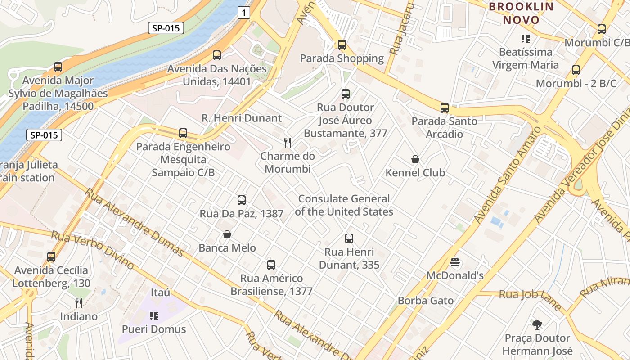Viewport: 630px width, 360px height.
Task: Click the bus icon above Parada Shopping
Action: click(x=342, y=45)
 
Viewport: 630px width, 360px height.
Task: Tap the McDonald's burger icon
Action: click(x=455, y=262)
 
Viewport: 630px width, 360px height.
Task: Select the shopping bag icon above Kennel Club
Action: click(x=415, y=159)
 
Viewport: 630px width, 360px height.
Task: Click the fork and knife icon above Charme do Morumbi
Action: click(x=288, y=143)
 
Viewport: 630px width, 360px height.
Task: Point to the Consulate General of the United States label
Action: click(x=344, y=205)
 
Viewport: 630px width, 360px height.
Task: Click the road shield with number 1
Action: click(x=243, y=13)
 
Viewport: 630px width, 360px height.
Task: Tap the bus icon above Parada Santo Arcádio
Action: click(x=445, y=108)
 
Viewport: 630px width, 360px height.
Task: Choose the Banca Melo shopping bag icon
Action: click(x=227, y=234)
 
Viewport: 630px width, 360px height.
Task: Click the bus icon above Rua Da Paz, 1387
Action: click(x=242, y=200)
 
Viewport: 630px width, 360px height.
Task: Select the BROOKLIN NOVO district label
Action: click(x=521, y=13)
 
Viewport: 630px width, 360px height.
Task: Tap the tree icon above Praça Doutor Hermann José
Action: click(x=537, y=324)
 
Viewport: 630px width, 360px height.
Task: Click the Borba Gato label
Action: click(x=426, y=301)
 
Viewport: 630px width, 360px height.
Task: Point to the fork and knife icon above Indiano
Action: click(x=79, y=303)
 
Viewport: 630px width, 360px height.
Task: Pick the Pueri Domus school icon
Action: click(x=154, y=316)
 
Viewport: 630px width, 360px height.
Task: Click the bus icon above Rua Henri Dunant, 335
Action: click(x=349, y=238)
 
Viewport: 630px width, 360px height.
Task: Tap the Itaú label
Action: click(x=161, y=292)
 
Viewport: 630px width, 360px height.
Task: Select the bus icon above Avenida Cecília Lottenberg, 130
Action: click(x=51, y=257)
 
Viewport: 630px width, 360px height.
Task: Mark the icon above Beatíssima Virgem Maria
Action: click(x=525, y=39)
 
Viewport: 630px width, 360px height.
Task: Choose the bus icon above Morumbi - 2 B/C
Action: click(x=576, y=70)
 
